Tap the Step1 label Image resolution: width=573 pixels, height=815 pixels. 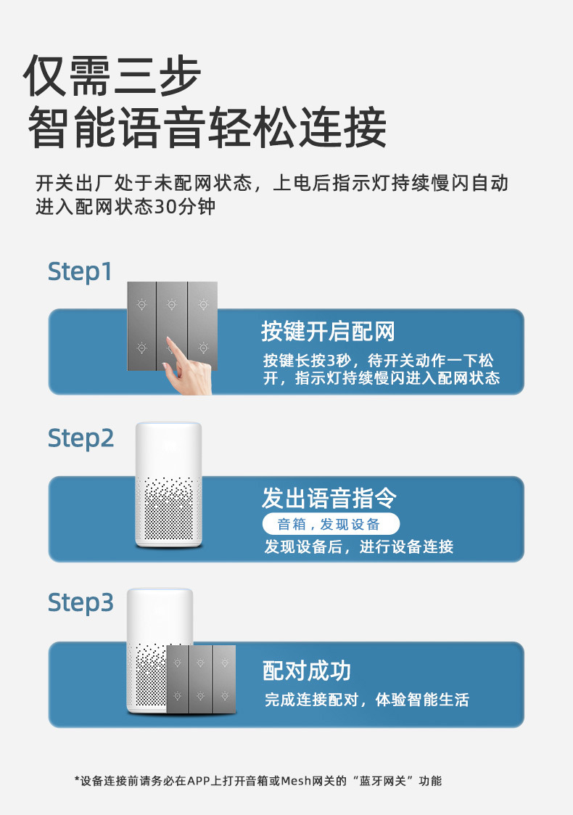[x=81, y=271]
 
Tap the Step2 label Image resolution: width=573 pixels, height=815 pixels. [x=81, y=438]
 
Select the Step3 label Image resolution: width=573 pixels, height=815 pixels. [x=81, y=602]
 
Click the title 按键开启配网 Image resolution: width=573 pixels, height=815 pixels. [x=328, y=332]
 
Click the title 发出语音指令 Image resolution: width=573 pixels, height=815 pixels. [x=329, y=498]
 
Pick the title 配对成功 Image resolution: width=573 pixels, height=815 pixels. [x=306, y=671]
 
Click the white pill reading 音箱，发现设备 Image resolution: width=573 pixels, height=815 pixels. [x=330, y=524]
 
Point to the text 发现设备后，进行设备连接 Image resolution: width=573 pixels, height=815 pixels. [x=358, y=546]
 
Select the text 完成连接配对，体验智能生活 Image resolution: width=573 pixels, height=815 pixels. [x=366, y=700]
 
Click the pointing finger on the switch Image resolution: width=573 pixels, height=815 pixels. [x=188, y=367]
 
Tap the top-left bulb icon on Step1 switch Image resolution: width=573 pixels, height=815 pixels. [x=142, y=305]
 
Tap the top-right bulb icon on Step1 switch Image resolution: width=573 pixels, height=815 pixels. [x=202, y=305]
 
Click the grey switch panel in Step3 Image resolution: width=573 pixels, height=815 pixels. [x=201, y=679]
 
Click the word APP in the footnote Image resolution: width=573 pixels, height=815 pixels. [x=197, y=782]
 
